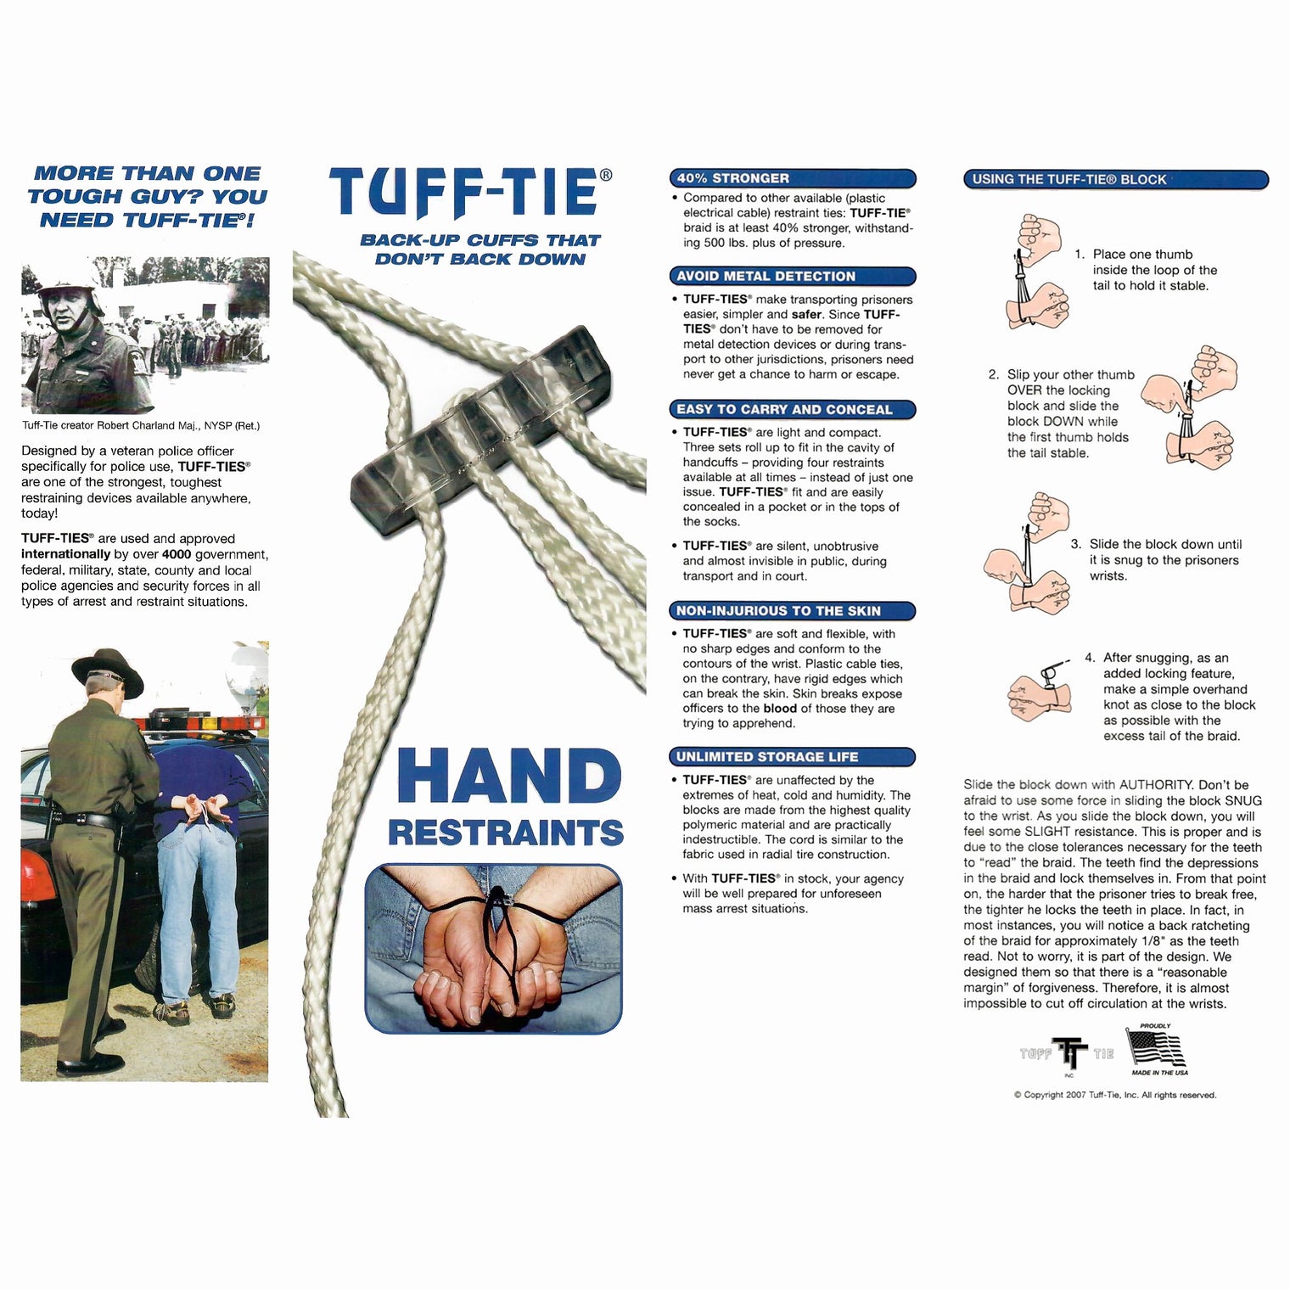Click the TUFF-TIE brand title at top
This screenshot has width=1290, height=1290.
coord(464,192)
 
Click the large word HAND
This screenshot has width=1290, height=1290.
coord(508,776)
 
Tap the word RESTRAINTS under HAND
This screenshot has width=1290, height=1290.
coord(506,833)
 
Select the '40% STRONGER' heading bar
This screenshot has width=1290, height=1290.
coord(793,178)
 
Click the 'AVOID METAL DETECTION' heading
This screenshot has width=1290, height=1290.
coord(793,276)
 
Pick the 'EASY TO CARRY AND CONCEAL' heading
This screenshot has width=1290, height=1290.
coord(793,409)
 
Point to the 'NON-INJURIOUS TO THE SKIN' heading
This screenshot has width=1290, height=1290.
coord(793,610)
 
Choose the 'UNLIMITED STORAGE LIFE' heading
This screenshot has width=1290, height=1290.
coord(793,756)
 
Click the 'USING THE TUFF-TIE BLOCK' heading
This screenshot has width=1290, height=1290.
coord(1116,179)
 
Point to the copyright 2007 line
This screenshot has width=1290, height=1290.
coord(1115,1095)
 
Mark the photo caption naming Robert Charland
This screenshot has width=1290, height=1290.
coord(141,426)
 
